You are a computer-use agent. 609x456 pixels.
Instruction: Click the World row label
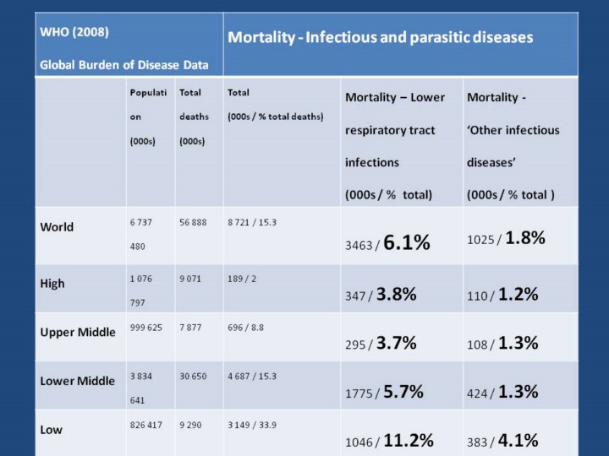coord(58,227)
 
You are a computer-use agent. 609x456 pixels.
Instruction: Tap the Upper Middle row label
coord(78,332)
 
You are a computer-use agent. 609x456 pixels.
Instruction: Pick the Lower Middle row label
coord(78,381)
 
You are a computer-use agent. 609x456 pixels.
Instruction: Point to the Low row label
coord(52,430)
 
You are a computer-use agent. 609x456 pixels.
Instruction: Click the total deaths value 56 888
coord(195,222)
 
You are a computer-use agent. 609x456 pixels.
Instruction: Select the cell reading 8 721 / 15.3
coord(252,222)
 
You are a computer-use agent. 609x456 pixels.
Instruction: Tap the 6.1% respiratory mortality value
coord(407,243)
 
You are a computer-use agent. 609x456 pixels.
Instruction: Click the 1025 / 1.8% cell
coord(506,239)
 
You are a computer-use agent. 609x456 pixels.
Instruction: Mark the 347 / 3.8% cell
coord(380,296)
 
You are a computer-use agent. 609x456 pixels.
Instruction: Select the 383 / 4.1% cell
coord(502,441)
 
